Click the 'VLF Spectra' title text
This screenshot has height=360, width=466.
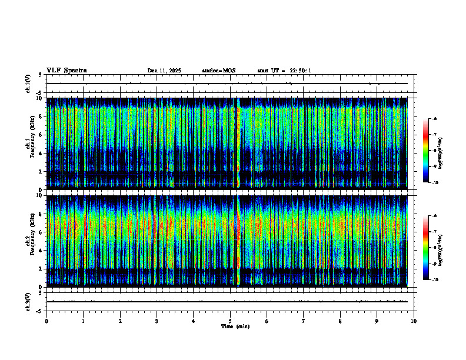click(x=66, y=71)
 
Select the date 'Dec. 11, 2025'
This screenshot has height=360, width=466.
click(x=164, y=71)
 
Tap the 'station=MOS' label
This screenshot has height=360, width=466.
click(x=218, y=71)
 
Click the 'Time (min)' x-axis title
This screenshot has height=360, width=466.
click(x=235, y=326)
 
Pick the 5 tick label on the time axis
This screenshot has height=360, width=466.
click(x=230, y=321)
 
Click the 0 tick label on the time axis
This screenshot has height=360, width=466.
click(x=46, y=321)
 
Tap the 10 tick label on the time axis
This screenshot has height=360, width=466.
click(x=414, y=321)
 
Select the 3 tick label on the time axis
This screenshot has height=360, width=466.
click(x=157, y=321)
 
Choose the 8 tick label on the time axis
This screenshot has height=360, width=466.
click(x=340, y=321)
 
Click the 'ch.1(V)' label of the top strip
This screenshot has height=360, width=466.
click(x=28, y=84)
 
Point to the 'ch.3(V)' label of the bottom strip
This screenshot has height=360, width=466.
click(x=28, y=301)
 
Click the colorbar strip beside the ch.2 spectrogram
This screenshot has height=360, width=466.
click(x=427, y=247)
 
